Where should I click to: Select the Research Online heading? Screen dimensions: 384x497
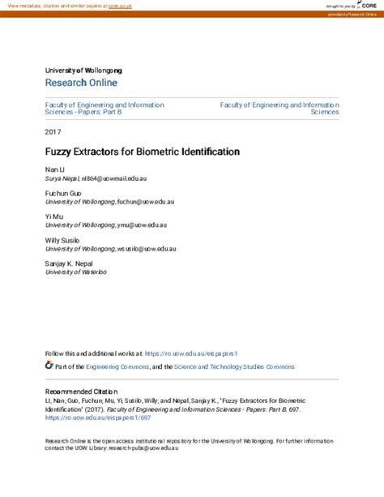point(81,83)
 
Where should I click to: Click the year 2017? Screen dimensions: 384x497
point(53,131)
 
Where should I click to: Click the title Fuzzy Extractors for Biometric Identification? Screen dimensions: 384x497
point(131,152)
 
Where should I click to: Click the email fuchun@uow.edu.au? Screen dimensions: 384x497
point(151,201)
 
